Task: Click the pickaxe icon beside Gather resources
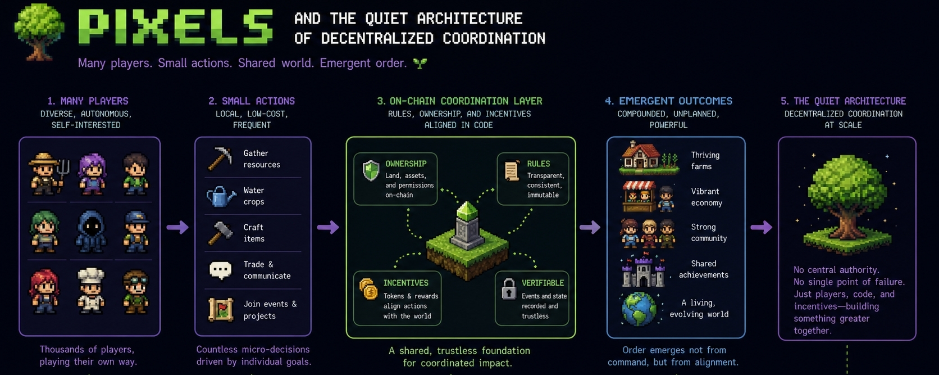coord(220,158)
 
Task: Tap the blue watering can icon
coord(221,196)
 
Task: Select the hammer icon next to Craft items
coord(220,232)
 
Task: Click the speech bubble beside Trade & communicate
coord(220,270)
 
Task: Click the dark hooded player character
coord(91,231)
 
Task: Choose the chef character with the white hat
coord(91,290)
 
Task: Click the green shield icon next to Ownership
coord(371,170)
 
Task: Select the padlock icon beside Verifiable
coord(509,289)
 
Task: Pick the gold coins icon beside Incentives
coord(368,289)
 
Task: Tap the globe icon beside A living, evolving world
coord(639,308)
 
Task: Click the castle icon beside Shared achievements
coord(643,271)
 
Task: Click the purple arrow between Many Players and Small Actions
coord(177,227)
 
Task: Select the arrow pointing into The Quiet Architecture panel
coord(762,227)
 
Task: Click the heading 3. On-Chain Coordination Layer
coord(459,101)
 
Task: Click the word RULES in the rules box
coord(538,164)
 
